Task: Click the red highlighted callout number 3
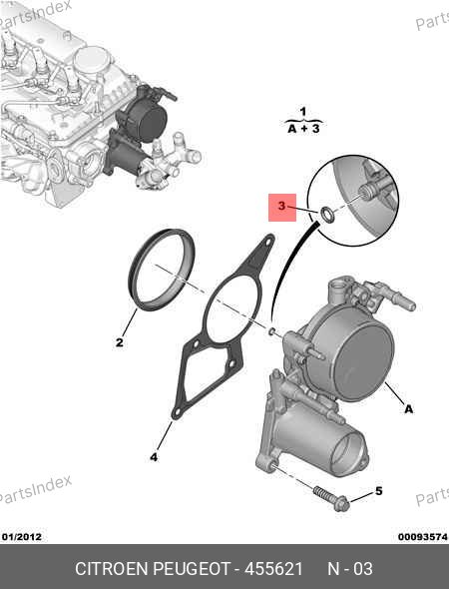pyautogui.click(x=282, y=206)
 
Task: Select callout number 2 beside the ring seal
pyautogui.click(x=120, y=342)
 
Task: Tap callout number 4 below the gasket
pyautogui.click(x=154, y=457)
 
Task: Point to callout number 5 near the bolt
pyautogui.click(x=378, y=491)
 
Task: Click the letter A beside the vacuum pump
pyautogui.click(x=409, y=408)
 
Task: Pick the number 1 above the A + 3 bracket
pyautogui.click(x=303, y=112)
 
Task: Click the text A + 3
pyautogui.click(x=303, y=129)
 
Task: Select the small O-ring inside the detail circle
pyautogui.click(x=326, y=215)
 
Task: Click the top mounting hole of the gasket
pyautogui.click(x=268, y=242)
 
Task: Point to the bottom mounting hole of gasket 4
pyautogui.click(x=176, y=413)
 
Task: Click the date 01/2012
pyautogui.click(x=22, y=536)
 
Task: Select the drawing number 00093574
pyautogui.click(x=423, y=536)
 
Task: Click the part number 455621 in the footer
pyautogui.click(x=273, y=569)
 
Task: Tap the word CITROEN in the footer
pyautogui.click(x=112, y=569)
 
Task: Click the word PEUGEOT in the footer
pyautogui.click(x=192, y=569)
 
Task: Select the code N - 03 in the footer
pyautogui.click(x=350, y=569)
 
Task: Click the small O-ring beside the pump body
pyautogui.click(x=271, y=330)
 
